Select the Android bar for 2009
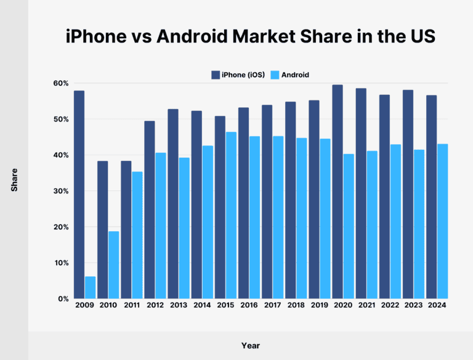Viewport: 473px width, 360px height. (x=91, y=287)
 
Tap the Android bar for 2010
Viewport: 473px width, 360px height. (x=114, y=264)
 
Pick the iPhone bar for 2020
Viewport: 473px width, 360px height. (x=338, y=192)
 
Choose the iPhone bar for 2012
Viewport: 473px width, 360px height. (x=149, y=210)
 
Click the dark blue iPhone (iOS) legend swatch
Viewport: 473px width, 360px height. (x=216, y=75)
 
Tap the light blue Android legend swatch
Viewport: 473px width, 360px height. (x=275, y=75)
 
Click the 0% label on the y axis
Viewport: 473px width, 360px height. (x=62, y=299)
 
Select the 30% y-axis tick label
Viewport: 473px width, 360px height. (x=60, y=191)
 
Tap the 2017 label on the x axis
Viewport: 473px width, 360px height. (x=272, y=306)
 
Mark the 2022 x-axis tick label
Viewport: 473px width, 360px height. (x=390, y=306)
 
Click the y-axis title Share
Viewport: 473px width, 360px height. (x=14, y=179)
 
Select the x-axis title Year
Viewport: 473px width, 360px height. (x=250, y=345)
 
